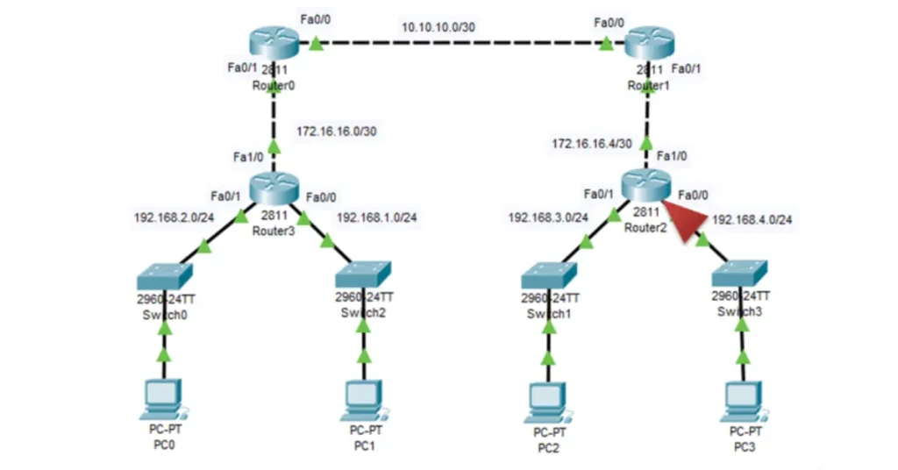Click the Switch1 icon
[x=548, y=276]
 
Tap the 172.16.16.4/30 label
[x=589, y=141]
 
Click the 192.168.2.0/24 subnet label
[x=173, y=217]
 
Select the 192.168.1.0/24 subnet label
[x=376, y=217]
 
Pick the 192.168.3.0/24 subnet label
[x=547, y=217]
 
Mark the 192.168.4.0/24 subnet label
[x=752, y=219]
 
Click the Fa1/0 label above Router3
[x=247, y=156]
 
